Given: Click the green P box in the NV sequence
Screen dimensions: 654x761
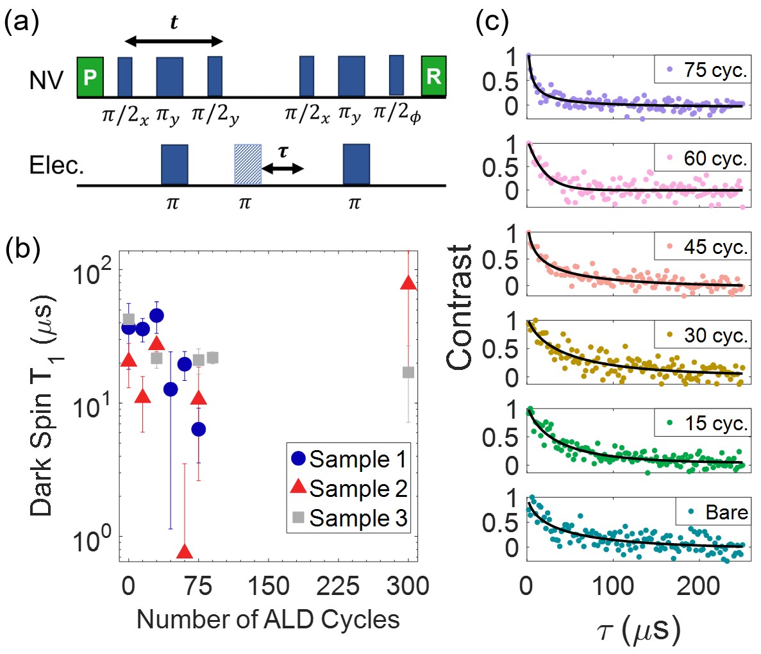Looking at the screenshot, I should (90, 77).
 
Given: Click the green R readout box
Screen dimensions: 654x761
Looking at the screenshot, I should (433, 77).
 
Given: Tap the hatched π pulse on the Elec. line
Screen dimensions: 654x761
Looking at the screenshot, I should (247, 165).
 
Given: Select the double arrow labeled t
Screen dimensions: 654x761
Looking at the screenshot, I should (173, 42).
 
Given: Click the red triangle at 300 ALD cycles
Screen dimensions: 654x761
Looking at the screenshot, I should (408, 283).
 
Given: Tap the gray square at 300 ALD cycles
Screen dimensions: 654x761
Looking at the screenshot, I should (408, 372).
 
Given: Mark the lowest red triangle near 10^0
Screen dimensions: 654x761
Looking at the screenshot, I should (185, 551).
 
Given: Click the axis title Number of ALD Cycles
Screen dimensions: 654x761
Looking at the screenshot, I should (268, 619).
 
